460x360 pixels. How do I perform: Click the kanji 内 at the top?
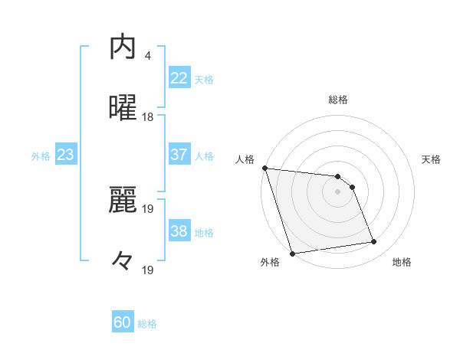click(x=123, y=47)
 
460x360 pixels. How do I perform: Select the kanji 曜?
click(x=123, y=108)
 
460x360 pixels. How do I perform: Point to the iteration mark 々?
click(x=123, y=260)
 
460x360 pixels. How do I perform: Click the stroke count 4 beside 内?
click(x=148, y=56)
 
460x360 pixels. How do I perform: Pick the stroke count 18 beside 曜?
click(x=148, y=117)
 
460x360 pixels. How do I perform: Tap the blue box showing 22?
click(x=179, y=77)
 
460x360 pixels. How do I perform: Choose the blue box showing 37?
click(x=179, y=155)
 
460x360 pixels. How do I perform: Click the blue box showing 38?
click(x=179, y=231)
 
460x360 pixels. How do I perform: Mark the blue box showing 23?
click(x=65, y=155)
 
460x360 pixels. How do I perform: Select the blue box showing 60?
click(x=123, y=322)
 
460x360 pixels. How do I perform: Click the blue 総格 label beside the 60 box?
click(x=147, y=324)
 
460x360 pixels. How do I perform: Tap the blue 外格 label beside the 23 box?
click(x=41, y=155)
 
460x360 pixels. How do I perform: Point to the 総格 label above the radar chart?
click(x=338, y=100)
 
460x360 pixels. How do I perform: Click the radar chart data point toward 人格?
click(x=264, y=168)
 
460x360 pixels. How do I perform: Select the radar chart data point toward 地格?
click(x=374, y=242)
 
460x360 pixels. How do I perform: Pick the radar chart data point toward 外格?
click(x=292, y=253)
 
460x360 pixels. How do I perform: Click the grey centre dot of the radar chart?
click(x=338, y=191)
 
